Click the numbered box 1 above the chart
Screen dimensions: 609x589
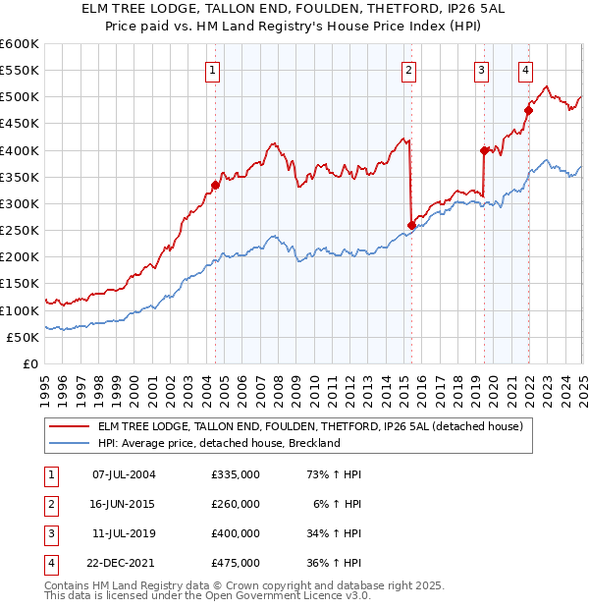click(x=213, y=70)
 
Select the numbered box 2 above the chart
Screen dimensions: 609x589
click(x=408, y=70)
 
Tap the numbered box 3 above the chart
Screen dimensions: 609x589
click(x=482, y=70)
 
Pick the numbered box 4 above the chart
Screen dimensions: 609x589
click(x=526, y=70)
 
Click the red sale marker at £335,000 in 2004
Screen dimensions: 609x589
click(x=215, y=185)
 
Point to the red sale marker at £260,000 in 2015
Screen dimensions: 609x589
click(x=411, y=225)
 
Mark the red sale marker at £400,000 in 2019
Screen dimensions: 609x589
click(x=484, y=150)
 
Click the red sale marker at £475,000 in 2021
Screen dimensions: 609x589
click(x=528, y=110)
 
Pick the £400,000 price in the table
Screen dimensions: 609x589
click(x=236, y=533)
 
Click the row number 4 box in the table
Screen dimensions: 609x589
click(x=48, y=563)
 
